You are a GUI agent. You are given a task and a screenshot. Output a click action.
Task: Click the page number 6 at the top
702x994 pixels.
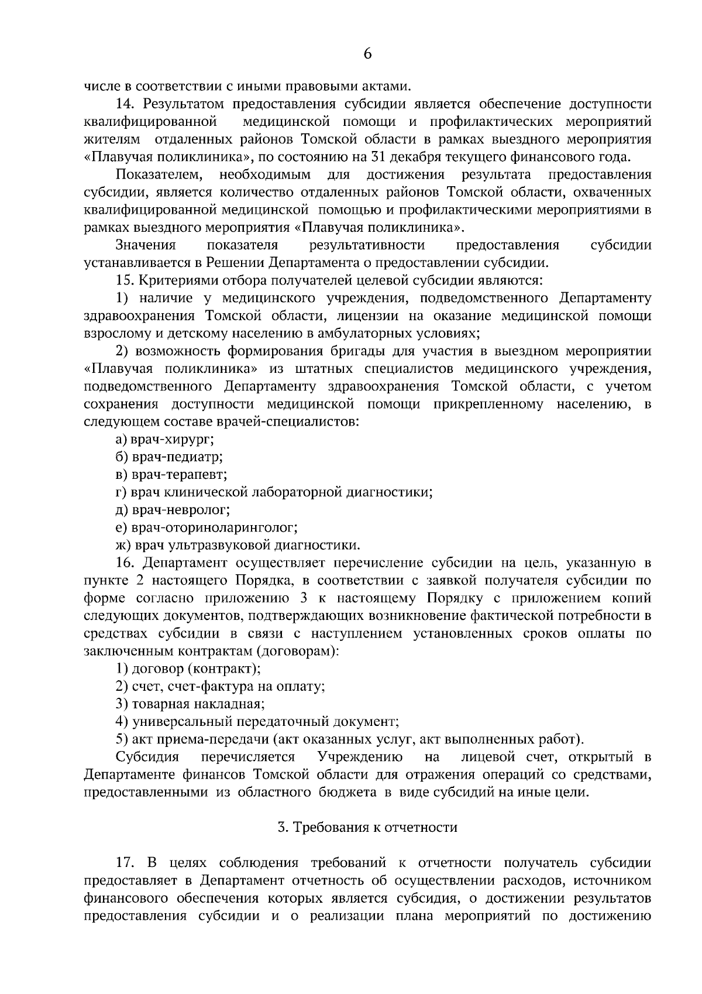pyautogui.click(x=367, y=54)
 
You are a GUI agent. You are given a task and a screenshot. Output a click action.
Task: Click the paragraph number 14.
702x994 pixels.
pyautogui.click(x=126, y=104)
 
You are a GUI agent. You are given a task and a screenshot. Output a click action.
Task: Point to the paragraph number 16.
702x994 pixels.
pyautogui.click(x=126, y=563)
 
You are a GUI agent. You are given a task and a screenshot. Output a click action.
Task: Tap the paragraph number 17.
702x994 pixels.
pyautogui.click(x=126, y=862)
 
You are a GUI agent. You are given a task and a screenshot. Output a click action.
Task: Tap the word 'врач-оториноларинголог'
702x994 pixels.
pyautogui.click(x=214, y=527)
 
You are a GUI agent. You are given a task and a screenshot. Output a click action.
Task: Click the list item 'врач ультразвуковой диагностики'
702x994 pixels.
pyautogui.click(x=246, y=545)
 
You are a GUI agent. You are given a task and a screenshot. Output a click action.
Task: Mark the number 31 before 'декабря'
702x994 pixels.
pyautogui.click(x=378, y=157)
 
